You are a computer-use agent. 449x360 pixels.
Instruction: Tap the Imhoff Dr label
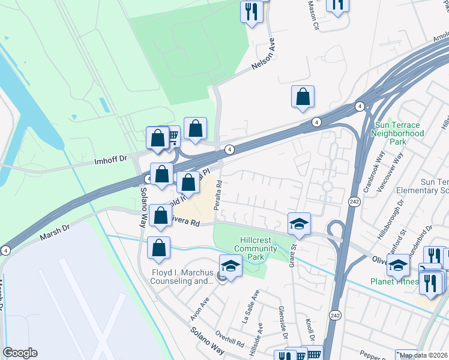point(112,160)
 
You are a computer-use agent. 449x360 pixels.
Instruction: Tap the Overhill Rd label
point(231,342)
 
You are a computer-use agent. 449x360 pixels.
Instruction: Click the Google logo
point(20,353)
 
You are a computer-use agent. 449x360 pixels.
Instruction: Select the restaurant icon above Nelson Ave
point(251,11)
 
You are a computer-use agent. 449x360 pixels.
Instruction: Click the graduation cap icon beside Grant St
point(299,223)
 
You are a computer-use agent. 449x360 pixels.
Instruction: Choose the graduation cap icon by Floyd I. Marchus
point(231,265)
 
